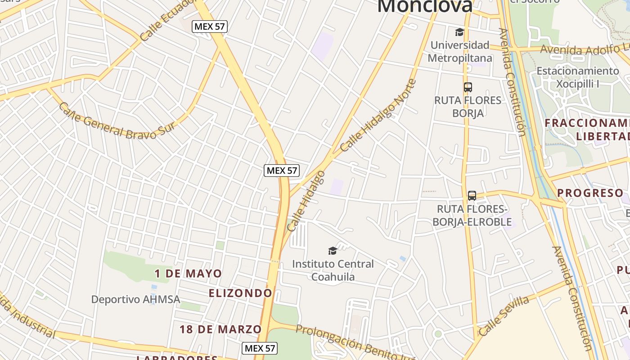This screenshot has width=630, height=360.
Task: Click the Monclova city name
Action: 425,6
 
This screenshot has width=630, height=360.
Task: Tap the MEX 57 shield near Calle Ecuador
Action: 210,27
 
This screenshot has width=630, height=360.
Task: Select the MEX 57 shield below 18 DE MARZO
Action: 260,348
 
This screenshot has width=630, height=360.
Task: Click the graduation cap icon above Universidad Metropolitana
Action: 459,32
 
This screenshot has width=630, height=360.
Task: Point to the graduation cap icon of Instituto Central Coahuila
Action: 333,251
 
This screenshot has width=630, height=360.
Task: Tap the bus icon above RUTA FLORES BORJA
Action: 468,87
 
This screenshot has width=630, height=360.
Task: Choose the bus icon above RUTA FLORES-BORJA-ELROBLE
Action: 472,196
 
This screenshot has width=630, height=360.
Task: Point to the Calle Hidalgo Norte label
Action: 378,116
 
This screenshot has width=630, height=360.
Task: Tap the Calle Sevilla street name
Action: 504,316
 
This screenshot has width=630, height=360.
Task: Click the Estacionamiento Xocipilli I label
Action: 577,77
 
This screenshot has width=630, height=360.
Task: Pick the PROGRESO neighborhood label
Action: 590,193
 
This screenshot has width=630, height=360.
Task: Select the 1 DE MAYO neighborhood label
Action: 188,274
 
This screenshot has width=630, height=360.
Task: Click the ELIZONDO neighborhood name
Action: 240,293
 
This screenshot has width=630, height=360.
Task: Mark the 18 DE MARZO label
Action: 220,329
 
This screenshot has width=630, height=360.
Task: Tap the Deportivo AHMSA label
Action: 135,299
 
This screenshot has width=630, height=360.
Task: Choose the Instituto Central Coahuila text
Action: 333,270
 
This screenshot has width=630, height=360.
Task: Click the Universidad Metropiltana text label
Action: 460,51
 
